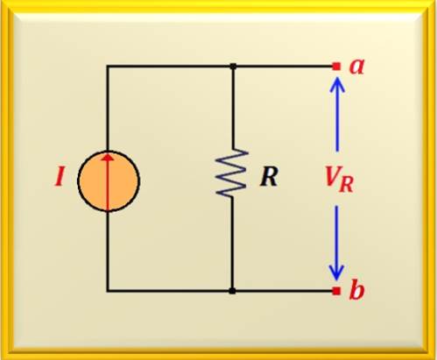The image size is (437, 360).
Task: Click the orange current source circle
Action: [109, 180]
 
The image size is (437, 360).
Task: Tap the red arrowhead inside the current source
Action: [109, 158]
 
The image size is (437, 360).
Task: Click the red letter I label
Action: [60, 177]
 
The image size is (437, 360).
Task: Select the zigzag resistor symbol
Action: [232, 173]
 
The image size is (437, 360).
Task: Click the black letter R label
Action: [269, 177]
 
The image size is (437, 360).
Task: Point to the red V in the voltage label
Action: [333, 177]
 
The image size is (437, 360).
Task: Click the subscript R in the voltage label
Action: [347, 185]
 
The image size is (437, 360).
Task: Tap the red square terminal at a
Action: [336, 67]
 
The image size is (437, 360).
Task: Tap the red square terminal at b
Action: [336, 291]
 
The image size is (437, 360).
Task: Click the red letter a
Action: [357, 67]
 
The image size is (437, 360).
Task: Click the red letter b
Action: [356, 290]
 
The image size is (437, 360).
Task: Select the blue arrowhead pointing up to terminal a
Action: [337, 84]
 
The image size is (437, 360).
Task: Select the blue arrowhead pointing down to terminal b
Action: [336, 272]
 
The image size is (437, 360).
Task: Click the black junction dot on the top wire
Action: [233, 67]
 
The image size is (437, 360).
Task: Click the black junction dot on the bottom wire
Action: [232, 291]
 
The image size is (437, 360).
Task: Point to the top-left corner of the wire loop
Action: [108, 67]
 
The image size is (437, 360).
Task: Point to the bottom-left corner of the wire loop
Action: [108, 291]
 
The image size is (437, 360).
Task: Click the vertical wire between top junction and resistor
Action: [233, 108]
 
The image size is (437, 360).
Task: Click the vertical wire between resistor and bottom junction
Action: [232, 244]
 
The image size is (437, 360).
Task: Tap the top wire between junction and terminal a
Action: [285, 67]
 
